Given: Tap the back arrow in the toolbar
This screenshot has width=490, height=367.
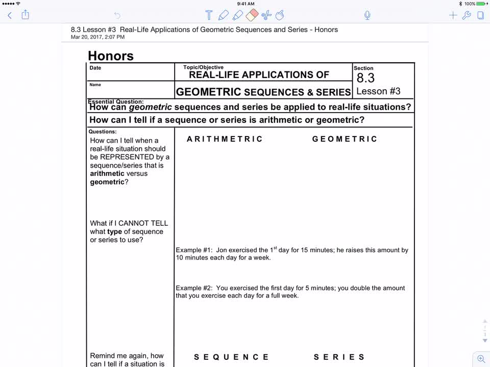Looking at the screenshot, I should [x=9, y=15].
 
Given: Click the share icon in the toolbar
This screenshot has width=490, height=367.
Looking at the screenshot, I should [x=25, y=15].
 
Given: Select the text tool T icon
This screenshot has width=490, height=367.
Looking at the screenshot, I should [x=209, y=15].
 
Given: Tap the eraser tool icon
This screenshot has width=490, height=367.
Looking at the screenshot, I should [x=252, y=15].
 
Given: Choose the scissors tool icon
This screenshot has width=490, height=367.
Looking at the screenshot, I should [x=266, y=15].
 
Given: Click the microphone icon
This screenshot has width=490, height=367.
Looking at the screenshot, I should [x=367, y=15].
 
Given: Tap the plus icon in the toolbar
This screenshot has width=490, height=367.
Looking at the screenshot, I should [x=453, y=15].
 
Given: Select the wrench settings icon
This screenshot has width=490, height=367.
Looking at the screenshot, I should [x=467, y=15].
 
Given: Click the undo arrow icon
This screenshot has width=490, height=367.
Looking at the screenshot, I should [x=117, y=15].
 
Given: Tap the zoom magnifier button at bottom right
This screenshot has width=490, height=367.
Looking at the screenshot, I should [x=481, y=359].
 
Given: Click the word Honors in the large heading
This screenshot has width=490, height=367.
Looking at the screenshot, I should [x=111, y=56].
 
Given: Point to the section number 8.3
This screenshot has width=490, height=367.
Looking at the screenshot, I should [x=365, y=78].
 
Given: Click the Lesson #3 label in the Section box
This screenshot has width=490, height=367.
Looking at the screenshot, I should [x=378, y=91].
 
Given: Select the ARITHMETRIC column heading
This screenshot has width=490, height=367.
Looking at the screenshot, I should [x=225, y=139].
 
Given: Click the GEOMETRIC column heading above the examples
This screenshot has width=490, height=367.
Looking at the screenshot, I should [x=345, y=139].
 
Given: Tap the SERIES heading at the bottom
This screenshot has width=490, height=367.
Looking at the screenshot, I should [x=339, y=357].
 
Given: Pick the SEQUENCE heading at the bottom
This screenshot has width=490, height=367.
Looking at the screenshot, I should [x=231, y=357].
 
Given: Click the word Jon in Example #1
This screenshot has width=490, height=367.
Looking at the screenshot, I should [x=221, y=250].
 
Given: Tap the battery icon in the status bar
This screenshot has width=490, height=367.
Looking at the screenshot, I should [x=481, y=4].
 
